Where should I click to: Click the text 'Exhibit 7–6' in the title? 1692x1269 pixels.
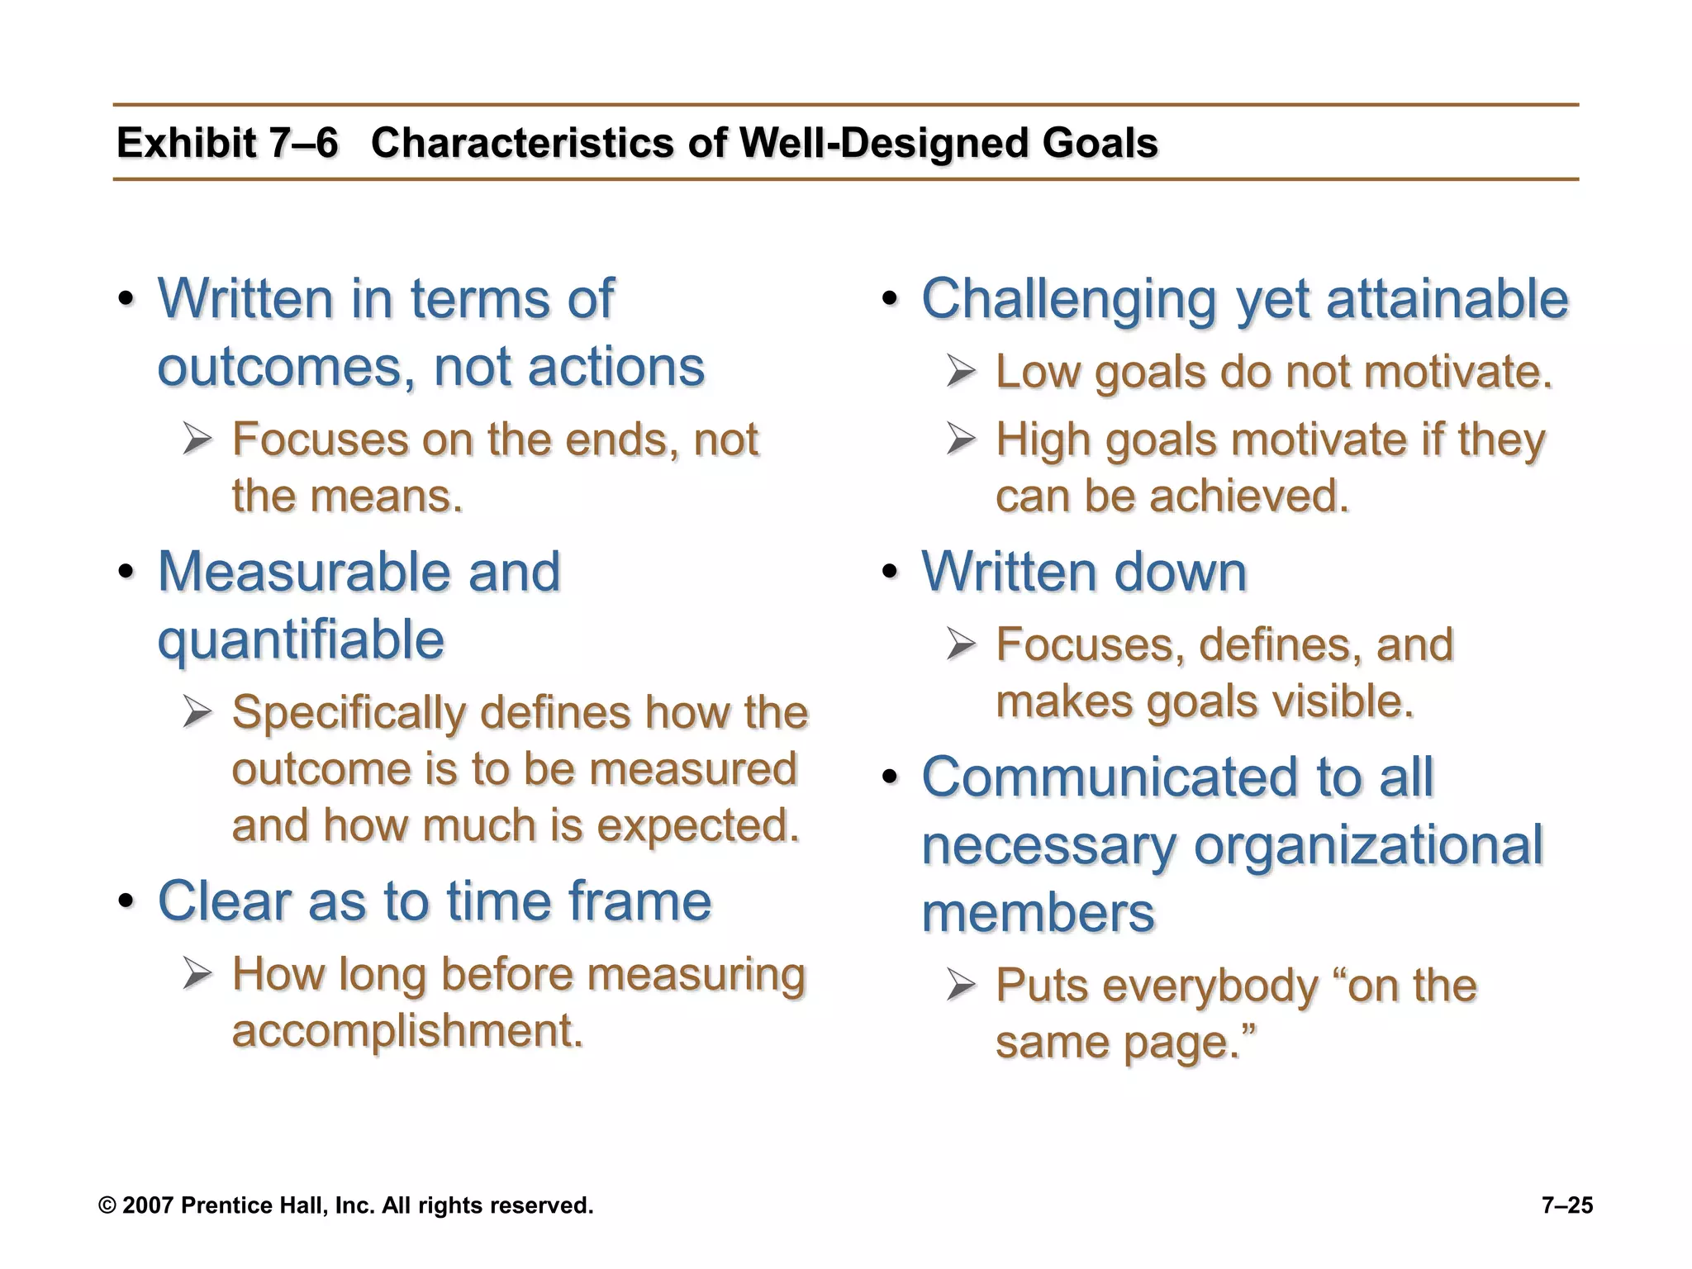tap(227, 143)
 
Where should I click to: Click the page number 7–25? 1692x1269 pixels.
tap(1567, 1205)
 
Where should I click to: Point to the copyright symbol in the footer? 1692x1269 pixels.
tap(107, 1205)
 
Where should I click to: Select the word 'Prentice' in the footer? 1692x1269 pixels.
tap(218, 1205)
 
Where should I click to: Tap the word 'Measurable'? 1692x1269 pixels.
tap(302, 571)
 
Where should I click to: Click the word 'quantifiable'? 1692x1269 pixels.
tap(301, 640)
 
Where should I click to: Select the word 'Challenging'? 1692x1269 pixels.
tap(1068, 299)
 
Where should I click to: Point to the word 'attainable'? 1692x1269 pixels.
tap(1447, 299)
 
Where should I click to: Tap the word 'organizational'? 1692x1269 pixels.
tap(1368, 845)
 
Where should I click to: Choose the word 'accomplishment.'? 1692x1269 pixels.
tap(407, 1031)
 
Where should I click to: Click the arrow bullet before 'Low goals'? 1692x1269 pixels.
tap(961, 372)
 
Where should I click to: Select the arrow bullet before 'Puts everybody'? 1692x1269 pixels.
tap(961, 986)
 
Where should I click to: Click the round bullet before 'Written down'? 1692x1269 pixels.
tap(890, 572)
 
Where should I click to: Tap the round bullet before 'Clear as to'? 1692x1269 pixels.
tap(126, 901)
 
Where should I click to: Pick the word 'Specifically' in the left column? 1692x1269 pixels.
tap(348, 712)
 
